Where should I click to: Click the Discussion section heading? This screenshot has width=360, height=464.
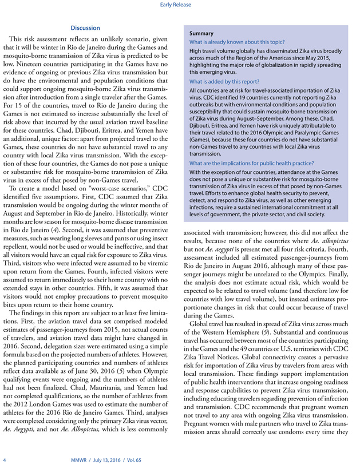point(85,27)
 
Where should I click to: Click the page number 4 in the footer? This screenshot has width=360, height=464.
point(5,459)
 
